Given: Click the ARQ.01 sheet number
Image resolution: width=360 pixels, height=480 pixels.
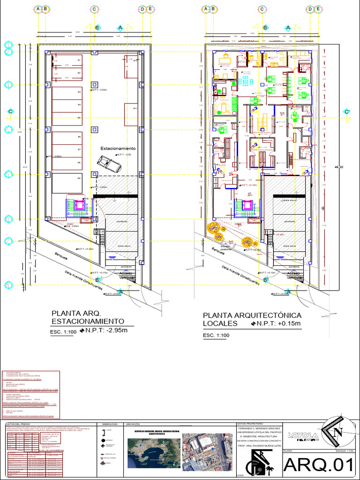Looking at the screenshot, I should (319, 465).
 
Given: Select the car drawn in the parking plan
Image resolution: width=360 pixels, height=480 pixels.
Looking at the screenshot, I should (109, 164).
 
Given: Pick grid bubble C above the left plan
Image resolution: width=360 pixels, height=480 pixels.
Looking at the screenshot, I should (94, 9).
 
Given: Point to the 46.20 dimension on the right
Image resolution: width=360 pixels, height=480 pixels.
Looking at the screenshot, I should (338, 167).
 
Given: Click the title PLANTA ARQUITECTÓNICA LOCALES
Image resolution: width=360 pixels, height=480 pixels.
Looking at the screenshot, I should (252, 319).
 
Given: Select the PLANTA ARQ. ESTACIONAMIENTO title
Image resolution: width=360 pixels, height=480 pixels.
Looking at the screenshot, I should (88, 317).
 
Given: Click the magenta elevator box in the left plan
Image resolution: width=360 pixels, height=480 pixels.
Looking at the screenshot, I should (79, 205).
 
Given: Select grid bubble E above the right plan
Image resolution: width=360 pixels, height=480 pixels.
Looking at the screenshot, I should (319, 9).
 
